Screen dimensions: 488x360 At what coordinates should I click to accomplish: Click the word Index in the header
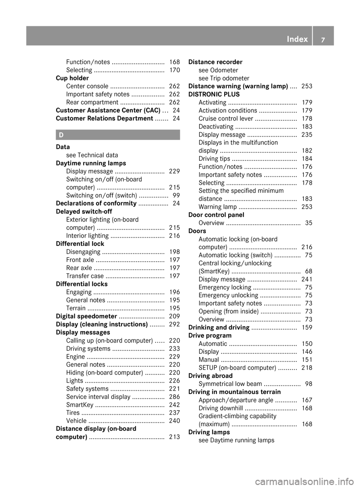[x=297, y=39]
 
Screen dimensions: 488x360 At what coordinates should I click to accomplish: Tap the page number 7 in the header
[x=323, y=39]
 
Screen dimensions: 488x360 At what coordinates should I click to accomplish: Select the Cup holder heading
[x=72, y=78]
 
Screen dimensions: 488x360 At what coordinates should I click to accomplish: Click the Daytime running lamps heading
[x=91, y=163]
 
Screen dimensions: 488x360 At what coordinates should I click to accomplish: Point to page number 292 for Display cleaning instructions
[x=174, y=324]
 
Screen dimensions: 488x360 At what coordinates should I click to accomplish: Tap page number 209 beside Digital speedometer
[x=174, y=316]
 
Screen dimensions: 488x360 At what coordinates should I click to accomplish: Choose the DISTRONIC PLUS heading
[x=214, y=94]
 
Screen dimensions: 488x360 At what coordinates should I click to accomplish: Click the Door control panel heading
[x=216, y=215]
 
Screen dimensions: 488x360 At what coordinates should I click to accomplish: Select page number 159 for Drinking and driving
[x=307, y=327]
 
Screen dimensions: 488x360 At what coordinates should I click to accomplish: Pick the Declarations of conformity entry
[x=96, y=203]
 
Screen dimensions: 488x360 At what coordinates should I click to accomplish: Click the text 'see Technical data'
[x=92, y=155]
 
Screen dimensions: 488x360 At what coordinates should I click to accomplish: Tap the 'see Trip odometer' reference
[x=224, y=78]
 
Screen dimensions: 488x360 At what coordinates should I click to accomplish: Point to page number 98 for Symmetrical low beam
[x=309, y=384]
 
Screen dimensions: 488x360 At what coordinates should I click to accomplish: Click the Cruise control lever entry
[x=226, y=118]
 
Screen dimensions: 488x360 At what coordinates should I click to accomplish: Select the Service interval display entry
[x=98, y=397]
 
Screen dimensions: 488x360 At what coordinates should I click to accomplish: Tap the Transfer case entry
[x=85, y=276]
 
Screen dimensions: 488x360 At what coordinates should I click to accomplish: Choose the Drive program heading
[x=210, y=335]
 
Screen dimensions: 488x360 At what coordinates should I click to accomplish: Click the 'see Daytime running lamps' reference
[x=236, y=440]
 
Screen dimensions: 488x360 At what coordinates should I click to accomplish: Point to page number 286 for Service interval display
[x=174, y=397]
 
